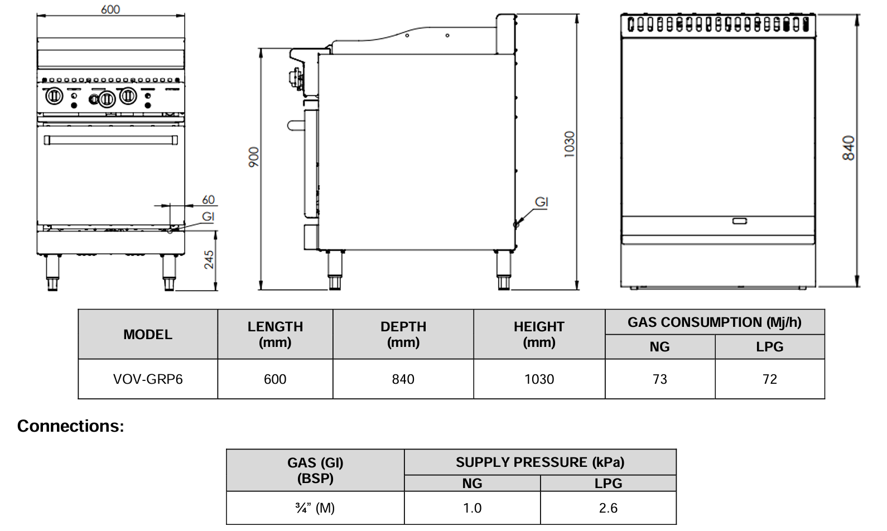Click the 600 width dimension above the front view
(110, 9)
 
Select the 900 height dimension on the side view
(254, 157)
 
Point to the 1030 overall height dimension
(569, 144)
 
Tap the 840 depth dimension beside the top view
(848, 148)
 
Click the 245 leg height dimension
(209, 259)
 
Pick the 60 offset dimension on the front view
(208, 200)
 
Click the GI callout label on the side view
(542, 202)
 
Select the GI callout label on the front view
(208, 216)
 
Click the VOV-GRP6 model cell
(148, 379)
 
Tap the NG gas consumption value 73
(659, 379)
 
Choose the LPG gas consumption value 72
(769, 379)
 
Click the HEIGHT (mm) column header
(539, 334)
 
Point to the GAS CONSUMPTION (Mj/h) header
(714, 322)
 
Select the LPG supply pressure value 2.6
(608, 508)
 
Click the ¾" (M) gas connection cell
(315, 508)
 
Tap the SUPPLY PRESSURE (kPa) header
(540, 462)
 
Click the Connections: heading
(71, 426)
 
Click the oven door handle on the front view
(110, 139)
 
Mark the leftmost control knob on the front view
(54, 96)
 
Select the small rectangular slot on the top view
(740, 221)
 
